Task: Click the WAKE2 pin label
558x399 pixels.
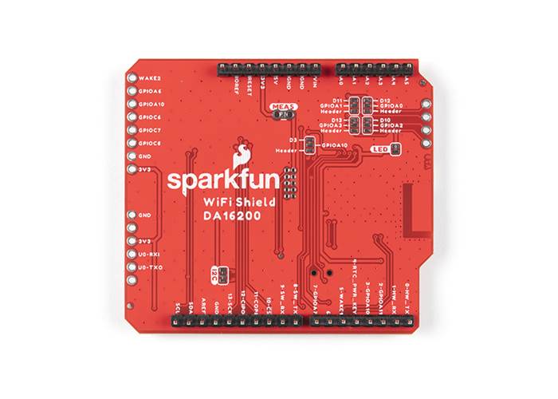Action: (x=150, y=79)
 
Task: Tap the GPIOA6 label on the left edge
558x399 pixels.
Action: (x=151, y=92)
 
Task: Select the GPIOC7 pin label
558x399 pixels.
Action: (x=151, y=130)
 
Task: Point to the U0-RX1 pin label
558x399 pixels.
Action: (x=151, y=254)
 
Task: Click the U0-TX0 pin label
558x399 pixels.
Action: (x=151, y=267)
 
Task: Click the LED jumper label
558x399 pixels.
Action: (x=379, y=148)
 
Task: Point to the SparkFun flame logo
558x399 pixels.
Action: (x=242, y=152)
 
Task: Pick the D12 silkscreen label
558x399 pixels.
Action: (x=385, y=99)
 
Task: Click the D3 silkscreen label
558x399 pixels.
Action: (x=293, y=140)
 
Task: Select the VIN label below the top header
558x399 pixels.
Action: (x=316, y=85)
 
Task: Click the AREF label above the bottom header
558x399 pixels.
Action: (x=203, y=304)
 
